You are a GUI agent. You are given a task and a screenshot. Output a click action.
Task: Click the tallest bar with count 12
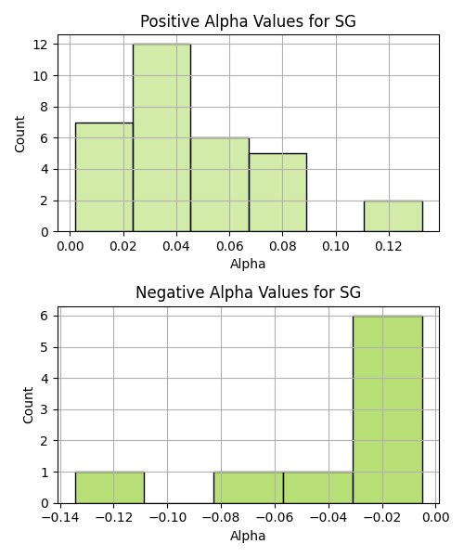coord(161,137)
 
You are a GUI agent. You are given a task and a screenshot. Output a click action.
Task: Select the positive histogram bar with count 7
coord(104,177)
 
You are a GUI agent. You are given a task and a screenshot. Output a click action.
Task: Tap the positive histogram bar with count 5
coord(278,192)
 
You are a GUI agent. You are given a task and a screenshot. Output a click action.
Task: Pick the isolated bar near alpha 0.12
coord(393,216)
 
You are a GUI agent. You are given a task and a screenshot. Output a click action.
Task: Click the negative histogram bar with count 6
coord(388,409)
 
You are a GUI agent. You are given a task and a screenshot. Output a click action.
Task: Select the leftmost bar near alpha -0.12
coord(110,487)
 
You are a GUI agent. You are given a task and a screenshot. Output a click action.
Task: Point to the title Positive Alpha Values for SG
coord(248,21)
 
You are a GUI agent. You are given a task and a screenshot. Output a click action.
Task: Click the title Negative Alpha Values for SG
coord(248,292)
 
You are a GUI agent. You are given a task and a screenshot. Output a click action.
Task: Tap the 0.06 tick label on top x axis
coord(229,246)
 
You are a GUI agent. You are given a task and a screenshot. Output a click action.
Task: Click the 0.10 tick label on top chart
coord(336,246)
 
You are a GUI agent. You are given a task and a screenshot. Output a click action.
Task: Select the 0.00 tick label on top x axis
coord(71,246)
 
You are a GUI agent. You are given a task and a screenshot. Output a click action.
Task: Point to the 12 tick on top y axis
coord(41,45)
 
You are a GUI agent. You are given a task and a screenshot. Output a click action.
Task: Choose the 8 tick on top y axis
coord(45,107)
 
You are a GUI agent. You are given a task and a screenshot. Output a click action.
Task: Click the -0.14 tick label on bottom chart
coord(60,517)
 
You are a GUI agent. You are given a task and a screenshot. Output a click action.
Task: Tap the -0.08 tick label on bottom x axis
coord(221,517)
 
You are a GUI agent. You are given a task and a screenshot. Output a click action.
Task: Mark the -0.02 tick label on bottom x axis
coord(382,517)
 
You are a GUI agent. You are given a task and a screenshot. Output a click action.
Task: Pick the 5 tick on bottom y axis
coord(45,347)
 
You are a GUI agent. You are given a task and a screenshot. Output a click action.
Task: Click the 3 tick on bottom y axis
coord(45,409)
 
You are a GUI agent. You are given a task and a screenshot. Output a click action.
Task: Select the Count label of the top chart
coord(19,134)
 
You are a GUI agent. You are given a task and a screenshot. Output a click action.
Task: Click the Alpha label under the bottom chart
coord(248,536)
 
